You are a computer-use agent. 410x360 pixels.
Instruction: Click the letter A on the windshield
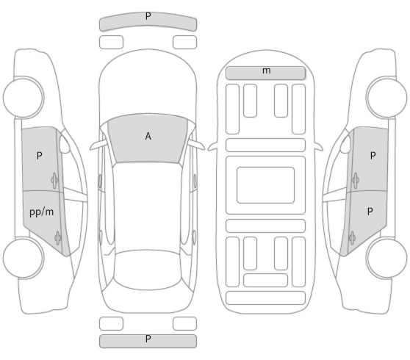[x=148, y=136]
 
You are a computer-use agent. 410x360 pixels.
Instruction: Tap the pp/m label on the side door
[x=42, y=212]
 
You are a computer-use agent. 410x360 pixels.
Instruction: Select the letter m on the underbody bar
[x=266, y=71]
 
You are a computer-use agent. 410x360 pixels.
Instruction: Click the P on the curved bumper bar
[x=148, y=16]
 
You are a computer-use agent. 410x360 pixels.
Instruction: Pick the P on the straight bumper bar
[x=148, y=339]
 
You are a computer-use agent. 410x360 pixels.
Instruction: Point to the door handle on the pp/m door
[x=57, y=238]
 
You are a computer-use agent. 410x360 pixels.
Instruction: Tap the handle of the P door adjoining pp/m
[x=54, y=180]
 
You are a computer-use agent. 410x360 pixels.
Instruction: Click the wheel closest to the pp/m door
[x=24, y=258]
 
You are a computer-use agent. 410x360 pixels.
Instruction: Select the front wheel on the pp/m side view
[x=24, y=97]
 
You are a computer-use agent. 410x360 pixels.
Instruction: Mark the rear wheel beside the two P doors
[x=386, y=258]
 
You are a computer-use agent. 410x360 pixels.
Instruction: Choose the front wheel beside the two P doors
[x=386, y=97]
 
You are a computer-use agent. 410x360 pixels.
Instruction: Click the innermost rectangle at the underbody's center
[x=265, y=185]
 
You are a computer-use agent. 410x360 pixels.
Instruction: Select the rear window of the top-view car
[x=147, y=270]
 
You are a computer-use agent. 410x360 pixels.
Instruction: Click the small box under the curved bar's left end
[x=111, y=42]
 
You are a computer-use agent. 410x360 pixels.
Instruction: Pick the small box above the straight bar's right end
[x=184, y=323]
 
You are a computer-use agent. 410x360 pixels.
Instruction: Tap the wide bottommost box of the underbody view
[x=265, y=298]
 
